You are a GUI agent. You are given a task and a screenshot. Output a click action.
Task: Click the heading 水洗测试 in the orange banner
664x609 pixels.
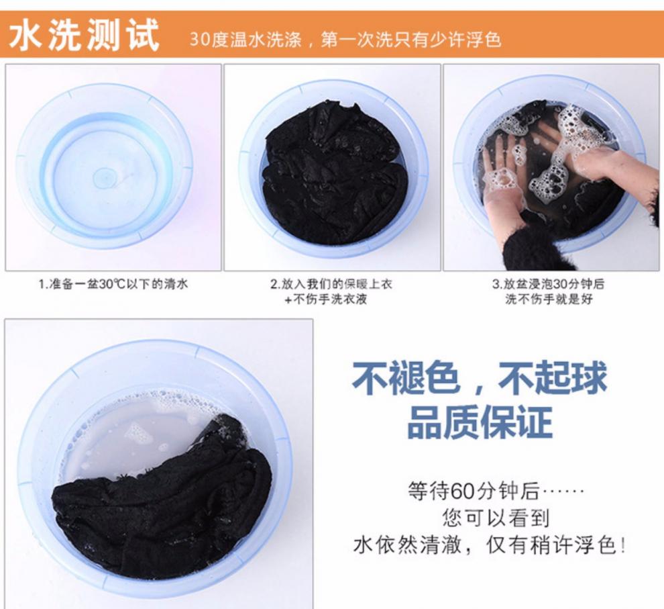[84, 35]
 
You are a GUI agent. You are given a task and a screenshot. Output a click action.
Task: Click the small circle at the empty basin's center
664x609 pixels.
[102, 177]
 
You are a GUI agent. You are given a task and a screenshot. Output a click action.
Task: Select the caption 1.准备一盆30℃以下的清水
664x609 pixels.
[113, 284]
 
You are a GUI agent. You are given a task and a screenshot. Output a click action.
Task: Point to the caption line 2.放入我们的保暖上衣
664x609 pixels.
[331, 284]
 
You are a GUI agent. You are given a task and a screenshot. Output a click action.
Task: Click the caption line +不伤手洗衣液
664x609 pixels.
[326, 299]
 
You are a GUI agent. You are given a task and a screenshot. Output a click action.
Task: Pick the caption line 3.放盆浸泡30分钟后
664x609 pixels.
[549, 284]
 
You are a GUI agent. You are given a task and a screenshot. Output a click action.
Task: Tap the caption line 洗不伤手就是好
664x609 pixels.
[549, 299]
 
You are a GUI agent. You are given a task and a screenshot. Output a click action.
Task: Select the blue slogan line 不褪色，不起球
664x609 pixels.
[479, 377]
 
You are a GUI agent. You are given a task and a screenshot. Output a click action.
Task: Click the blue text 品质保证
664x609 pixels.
[480, 422]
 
